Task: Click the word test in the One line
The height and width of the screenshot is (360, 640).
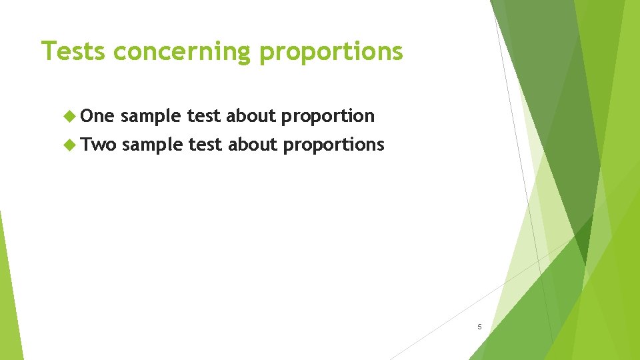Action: click(x=204, y=116)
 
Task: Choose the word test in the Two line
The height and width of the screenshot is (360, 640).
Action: click(x=206, y=145)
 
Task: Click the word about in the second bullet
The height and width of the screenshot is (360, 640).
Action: click(x=253, y=145)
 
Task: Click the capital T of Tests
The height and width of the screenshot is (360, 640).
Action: click(x=47, y=51)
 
